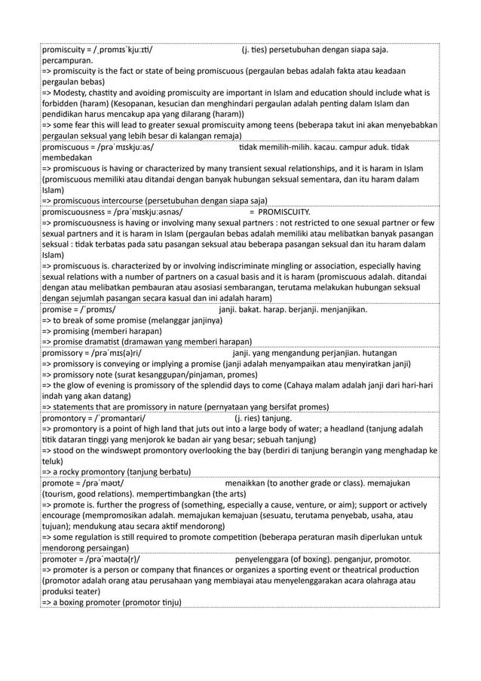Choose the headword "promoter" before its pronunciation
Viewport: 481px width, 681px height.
click(59, 560)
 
